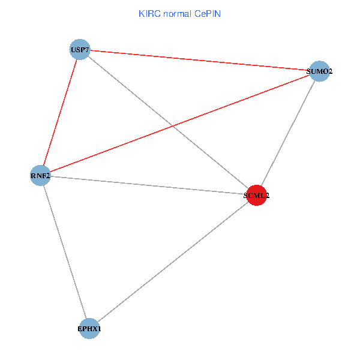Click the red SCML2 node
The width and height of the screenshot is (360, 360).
click(256, 195)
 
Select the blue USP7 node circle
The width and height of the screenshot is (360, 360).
click(80, 49)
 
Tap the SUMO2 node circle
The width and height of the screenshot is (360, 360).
click(319, 71)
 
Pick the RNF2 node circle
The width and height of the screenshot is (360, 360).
click(40, 175)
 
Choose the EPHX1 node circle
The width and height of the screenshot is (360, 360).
click(89, 328)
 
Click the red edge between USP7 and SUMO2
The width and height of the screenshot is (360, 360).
click(199, 60)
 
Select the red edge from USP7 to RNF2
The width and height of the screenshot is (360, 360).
click(60, 112)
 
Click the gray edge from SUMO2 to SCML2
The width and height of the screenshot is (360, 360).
click(287, 133)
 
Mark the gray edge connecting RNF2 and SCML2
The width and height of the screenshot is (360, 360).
click(148, 185)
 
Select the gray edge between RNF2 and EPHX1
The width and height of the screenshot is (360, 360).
click(64, 251)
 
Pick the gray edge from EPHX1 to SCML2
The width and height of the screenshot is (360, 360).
click(172, 262)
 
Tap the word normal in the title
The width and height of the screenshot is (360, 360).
click(178, 13)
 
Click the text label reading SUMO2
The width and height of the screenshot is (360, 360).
click(319, 72)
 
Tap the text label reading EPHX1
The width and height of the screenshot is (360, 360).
click(89, 329)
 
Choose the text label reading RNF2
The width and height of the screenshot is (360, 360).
click(40, 176)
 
